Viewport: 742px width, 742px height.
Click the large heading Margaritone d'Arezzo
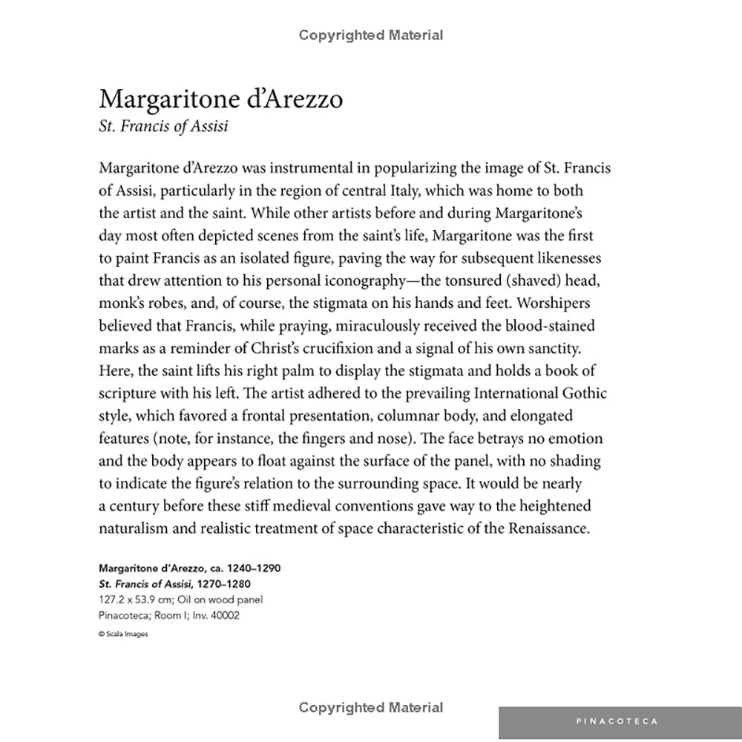220,99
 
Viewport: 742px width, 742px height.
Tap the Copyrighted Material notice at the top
371,35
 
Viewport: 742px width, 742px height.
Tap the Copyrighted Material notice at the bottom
371,707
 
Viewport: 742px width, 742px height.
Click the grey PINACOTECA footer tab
617,721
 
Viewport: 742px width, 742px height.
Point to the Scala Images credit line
122,634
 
